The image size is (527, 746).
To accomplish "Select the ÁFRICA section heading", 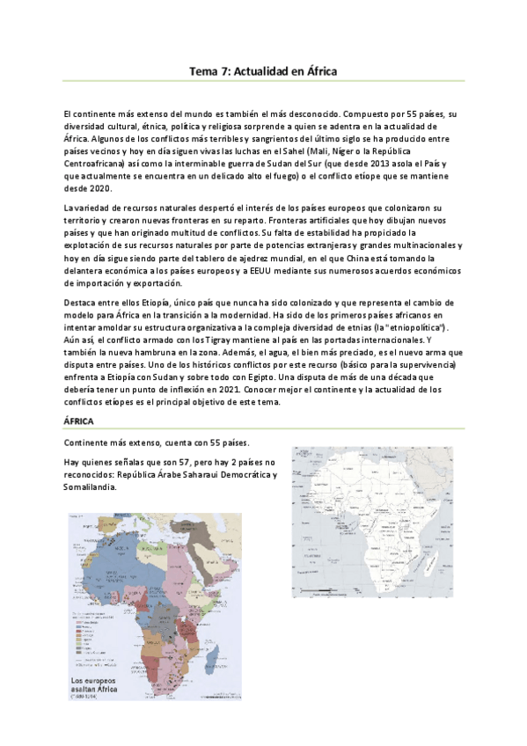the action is (83, 422).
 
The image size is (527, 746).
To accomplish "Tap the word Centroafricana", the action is (95, 163).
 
